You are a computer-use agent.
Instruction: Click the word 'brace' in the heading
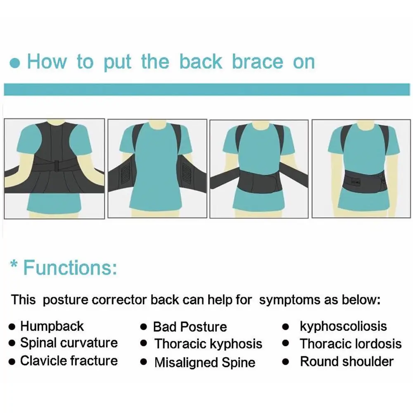point(257,62)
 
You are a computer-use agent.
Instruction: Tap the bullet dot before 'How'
point(15,63)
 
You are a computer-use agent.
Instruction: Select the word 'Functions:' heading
point(70,268)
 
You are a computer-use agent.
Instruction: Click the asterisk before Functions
point(14,263)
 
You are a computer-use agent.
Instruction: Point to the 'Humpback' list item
point(52,326)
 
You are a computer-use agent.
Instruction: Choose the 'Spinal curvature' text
point(69,343)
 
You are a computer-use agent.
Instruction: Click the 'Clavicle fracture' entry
point(69,361)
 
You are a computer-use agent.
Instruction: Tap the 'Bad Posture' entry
point(190,327)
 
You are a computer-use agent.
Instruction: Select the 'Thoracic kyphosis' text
point(208,344)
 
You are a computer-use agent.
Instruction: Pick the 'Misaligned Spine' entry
point(205,362)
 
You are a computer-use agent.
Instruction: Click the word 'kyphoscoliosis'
point(343,327)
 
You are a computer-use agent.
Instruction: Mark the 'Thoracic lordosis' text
point(351,344)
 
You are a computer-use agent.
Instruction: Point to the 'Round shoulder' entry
point(347,361)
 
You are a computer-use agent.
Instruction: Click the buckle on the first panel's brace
point(57,166)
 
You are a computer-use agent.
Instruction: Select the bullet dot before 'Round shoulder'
point(285,362)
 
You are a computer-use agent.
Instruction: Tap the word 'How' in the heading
point(47,62)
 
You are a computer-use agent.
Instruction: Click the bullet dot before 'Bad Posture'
point(144,327)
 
